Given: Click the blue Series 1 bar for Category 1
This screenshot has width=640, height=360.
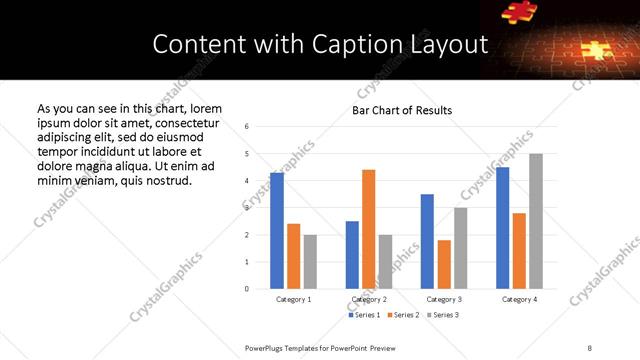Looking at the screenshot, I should [x=277, y=231].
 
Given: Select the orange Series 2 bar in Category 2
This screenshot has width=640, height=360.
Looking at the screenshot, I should [x=368, y=229].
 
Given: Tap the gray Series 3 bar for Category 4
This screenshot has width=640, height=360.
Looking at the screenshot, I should [x=536, y=221].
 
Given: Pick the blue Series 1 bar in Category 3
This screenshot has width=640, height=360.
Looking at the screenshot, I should [x=427, y=241].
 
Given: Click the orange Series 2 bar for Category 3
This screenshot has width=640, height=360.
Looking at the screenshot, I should [x=444, y=264].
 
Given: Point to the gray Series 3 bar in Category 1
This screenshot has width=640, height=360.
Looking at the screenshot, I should [x=310, y=262].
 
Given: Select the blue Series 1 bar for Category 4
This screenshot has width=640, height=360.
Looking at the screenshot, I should [x=503, y=228].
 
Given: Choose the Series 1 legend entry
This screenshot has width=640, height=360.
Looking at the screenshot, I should [x=365, y=315].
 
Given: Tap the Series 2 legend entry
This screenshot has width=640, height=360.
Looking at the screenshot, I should [x=403, y=315].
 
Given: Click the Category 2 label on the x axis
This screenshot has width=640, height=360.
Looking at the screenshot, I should [x=368, y=299].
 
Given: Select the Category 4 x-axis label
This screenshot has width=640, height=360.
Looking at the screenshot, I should [x=519, y=299].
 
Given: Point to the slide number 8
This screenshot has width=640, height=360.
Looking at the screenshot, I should [x=589, y=347].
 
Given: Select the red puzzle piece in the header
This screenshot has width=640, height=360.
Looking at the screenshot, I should [x=520, y=11].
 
